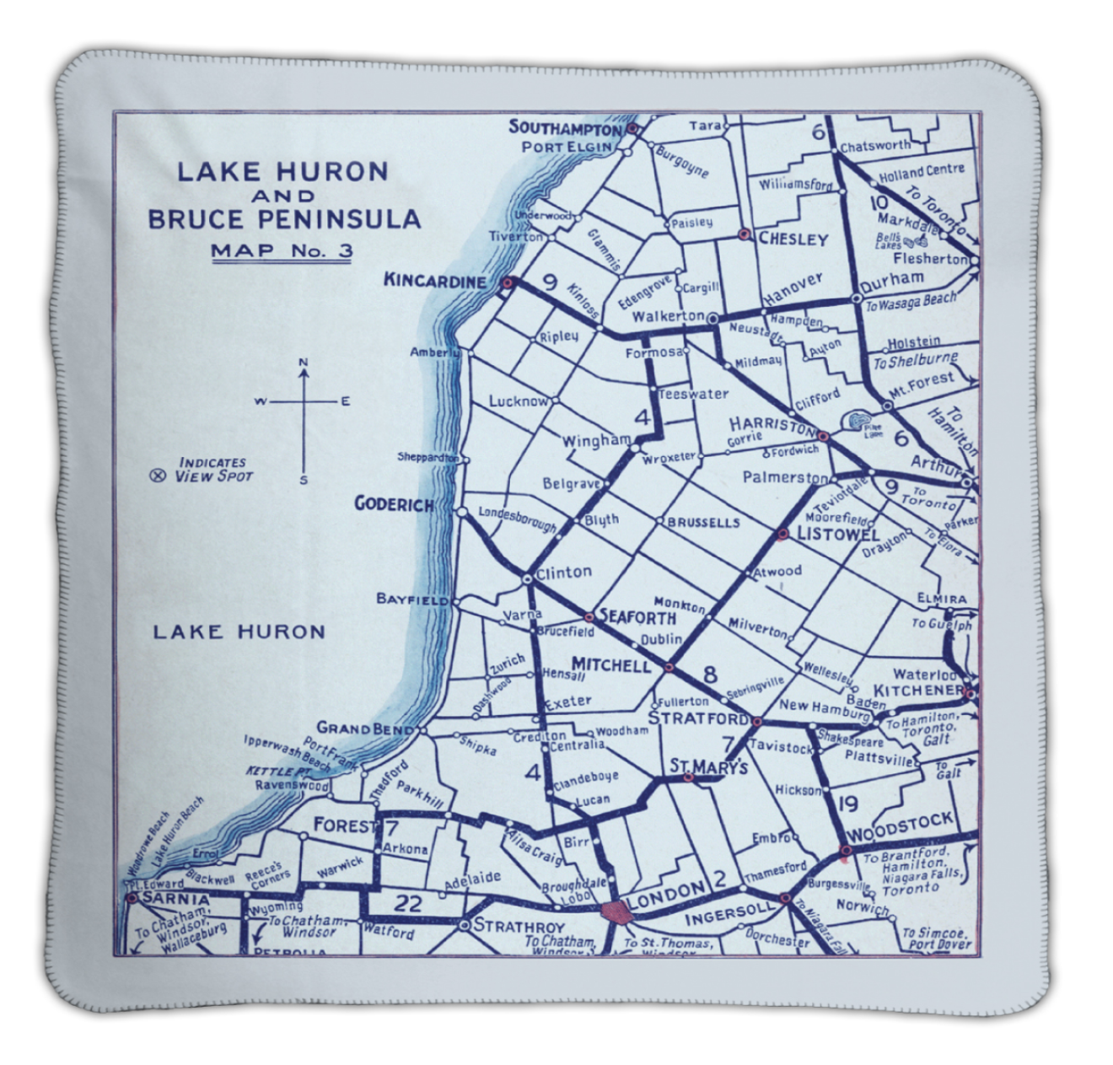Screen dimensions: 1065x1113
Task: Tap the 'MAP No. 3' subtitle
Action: click(282, 250)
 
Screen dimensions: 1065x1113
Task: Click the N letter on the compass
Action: click(304, 363)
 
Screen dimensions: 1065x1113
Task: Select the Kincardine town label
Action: click(434, 281)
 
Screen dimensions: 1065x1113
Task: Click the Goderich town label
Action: click(394, 504)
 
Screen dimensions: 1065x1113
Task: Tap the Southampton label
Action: click(564, 128)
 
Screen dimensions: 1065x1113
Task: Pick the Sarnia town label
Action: click(164, 899)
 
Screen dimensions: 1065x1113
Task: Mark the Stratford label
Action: click(697, 718)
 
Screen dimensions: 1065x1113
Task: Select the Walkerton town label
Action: click(668, 316)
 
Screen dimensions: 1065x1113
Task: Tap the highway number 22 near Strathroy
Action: click(407, 904)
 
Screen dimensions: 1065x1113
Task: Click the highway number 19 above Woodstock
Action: click(847, 802)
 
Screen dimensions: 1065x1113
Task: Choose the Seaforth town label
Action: click(637, 617)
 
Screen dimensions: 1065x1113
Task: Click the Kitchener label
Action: click(917, 691)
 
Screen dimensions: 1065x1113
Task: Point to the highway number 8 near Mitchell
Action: click(710, 674)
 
